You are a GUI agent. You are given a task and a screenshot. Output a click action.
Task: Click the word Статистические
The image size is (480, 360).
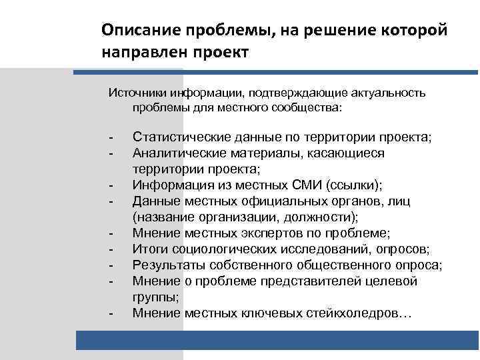[181, 137]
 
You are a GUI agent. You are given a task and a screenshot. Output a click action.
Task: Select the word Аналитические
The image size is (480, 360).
[177, 153]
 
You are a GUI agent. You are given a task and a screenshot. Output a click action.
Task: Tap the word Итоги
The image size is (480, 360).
[149, 249]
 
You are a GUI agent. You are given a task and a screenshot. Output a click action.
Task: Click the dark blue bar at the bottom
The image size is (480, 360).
[277, 341]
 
